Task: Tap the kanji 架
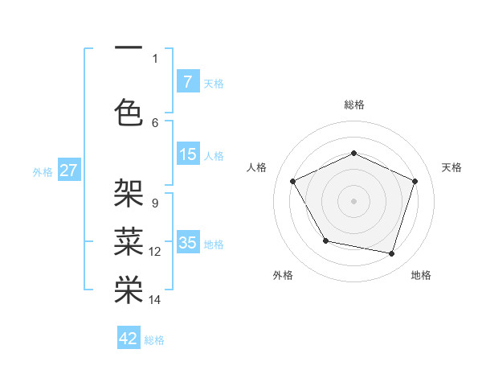click(x=129, y=193)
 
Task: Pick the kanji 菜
click(x=129, y=241)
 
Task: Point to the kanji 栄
click(x=129, y=290)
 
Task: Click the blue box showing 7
click(x=187, y=81)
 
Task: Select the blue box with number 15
click(x=187, y=154)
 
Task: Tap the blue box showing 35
click(x=187, y=243)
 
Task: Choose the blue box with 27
click(x=68, y=171)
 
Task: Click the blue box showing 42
click(x=129, y=339)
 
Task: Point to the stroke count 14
click(x=155, y=300)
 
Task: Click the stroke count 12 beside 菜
click(x=155, y=252)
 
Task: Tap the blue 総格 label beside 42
click(x=154, y=340)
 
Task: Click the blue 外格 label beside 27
click(x=43, y=172)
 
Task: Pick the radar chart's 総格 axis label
click(x=353, y=105)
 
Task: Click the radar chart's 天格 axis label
click(x=451, y=167)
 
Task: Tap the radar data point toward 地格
click(x=391, y=253)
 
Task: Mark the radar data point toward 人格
click(x=292, y=180)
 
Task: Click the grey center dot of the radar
click(x=353, y=200)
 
